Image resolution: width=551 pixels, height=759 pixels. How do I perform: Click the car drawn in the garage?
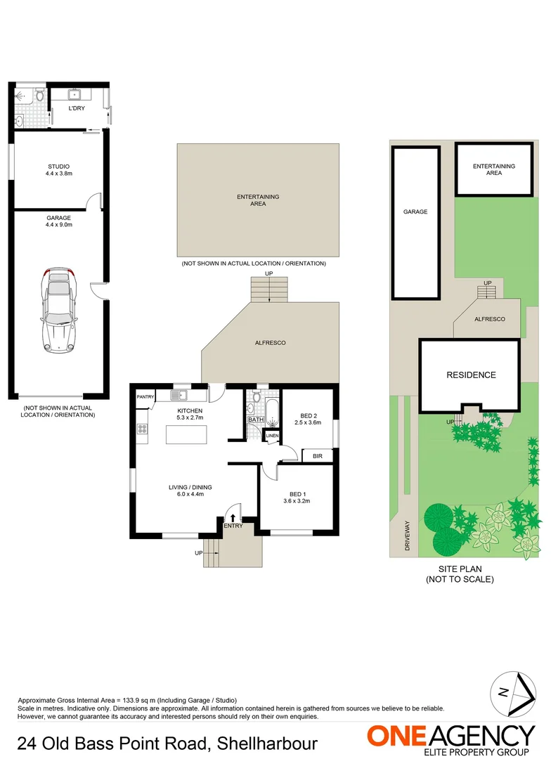pos(58,309)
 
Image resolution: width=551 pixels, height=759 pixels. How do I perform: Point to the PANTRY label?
pos(145,396)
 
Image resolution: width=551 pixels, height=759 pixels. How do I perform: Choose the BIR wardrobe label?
pos(317,455)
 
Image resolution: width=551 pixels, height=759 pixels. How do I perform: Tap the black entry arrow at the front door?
pos(233,517)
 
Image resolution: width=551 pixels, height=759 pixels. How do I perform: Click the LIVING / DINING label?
pos(190,487)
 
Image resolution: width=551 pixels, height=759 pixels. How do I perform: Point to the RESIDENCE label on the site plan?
pos(471,375)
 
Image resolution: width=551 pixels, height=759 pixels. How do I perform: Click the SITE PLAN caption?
pos(460,574)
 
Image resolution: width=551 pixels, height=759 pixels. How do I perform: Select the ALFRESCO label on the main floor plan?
pos(271,342)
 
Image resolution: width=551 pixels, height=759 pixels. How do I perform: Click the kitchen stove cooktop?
pos(142,428)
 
